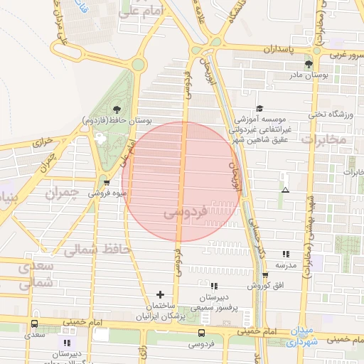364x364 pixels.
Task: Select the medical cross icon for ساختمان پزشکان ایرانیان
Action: pyautogui.click(x=160, y=294)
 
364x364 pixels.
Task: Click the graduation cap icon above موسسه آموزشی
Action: pyautogui.click(x=259, y=108)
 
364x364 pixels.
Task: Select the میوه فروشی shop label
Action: pyautogui.click(x=108, y=193)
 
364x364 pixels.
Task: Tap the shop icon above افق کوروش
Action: pyautogui.click(x=265, y=275)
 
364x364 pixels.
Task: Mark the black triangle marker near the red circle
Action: pyautogui.click(x=285, y=191)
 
